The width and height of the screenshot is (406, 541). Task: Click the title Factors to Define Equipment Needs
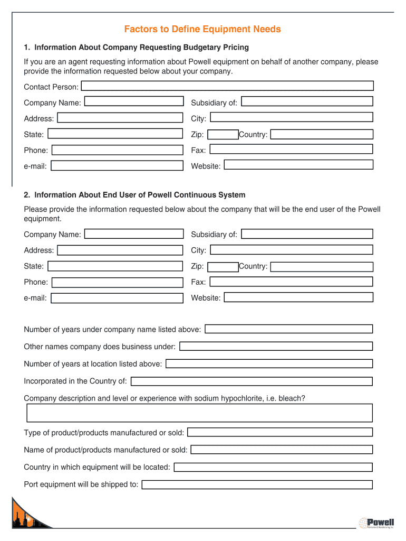pyautogui.click(x=202, y=29)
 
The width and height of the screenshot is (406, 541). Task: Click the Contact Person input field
pyautogui.click(x=227, y=86)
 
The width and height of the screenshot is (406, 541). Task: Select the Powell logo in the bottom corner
pyautogui.click(x=376, y=523)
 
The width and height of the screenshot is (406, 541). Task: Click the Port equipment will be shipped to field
pyautogui.click(x=257, y=484)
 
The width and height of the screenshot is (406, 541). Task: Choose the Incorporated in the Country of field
pyautogui.click(x=252, y=381)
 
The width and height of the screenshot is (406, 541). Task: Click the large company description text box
pyautogui.click(x=199, y=413)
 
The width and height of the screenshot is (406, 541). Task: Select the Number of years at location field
pyautogui.click(x=269, y=364)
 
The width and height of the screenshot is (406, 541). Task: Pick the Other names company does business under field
pyautogui.click(x=276, y=347)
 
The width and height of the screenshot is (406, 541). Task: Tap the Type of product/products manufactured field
pyautogui.click(x=280, y=432)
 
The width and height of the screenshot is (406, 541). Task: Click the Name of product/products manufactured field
pyautogui.click(x=282, y=450)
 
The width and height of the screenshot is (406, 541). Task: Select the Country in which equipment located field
pyautogui.click(x=273, y=467)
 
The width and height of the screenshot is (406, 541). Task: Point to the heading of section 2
pyautogui.click(x=134, y=195)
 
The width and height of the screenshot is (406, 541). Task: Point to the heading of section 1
pyautogui.click(x=136, y=48)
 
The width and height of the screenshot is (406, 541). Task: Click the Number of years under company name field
pyautogui.click(x=288, y=329)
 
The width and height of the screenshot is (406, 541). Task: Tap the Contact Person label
pyautogui.click(x=51, y=87)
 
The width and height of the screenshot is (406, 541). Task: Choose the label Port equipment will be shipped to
pyautogui.click(x=81, y=484)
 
